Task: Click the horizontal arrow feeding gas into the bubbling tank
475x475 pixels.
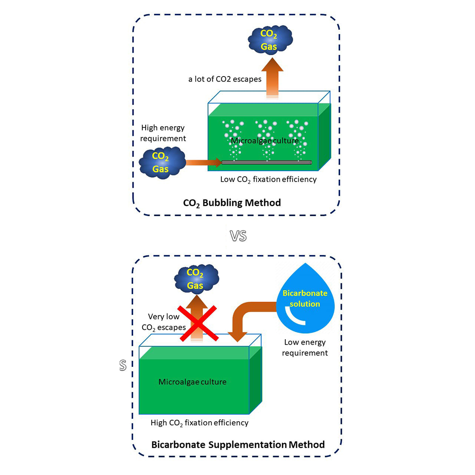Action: coord(203,162)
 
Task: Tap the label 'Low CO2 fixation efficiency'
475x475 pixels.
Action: coord(269,179)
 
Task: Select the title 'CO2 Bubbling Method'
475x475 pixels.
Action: coord(232,203)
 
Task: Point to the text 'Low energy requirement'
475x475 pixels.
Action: coord(305,348)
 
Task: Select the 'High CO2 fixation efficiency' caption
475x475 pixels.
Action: coord(199,423)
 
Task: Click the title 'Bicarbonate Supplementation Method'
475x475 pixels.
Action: coord(238,444)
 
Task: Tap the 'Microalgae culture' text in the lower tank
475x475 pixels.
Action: coord(193,382)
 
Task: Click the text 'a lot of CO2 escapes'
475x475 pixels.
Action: coord(225,79)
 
